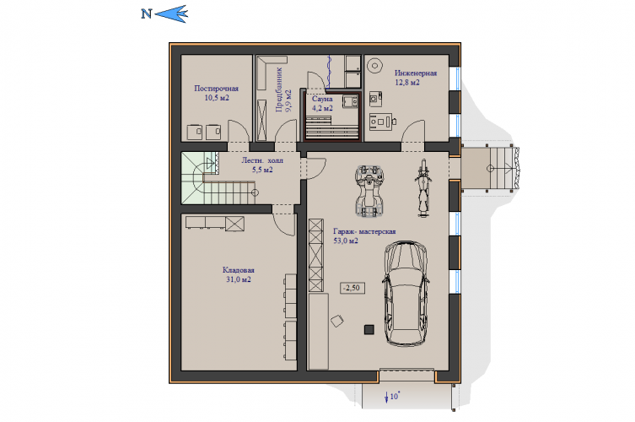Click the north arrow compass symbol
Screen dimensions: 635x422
[x=171, y=14]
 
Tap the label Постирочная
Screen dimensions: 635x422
[x=216, y=89]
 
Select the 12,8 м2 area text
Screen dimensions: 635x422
[x=407, y=83]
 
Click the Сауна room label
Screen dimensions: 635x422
[x=322, y=99]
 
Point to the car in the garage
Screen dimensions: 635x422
[x=406, y=294]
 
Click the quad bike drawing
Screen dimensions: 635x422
[x=369, y=190]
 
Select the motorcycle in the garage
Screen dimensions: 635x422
[x=422, y=188]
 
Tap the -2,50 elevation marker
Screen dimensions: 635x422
[x=352, y=288]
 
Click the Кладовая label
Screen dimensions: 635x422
[x=239, y=270]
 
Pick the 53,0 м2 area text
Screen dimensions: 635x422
[x=346, y=241]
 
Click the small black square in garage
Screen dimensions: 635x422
[x=369, y=329]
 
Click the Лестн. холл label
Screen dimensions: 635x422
[x=262, y=160]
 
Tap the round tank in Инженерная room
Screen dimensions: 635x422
[x=375, y=65]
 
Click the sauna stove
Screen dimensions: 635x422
[x=350, y=101]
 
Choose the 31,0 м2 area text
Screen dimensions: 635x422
[x=239, y=279]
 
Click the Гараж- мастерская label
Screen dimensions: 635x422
[x=364, y=231]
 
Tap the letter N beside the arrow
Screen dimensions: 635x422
[x=146, y=14]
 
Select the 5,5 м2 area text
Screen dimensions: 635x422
[x=262, y=170]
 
